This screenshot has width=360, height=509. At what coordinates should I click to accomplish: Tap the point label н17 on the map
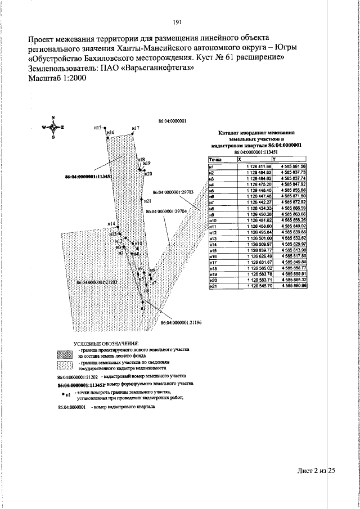(x=135, y=129)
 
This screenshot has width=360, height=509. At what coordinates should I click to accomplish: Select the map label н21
(x=147, y=201)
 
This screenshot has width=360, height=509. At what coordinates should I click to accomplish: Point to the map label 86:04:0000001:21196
(x=179, y=323)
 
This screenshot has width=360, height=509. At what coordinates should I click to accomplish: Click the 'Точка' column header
(x=214, y=160)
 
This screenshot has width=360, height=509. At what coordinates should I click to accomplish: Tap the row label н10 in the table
(x=213, y=220)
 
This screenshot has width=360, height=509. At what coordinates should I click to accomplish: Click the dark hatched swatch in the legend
(x=66, y=353)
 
